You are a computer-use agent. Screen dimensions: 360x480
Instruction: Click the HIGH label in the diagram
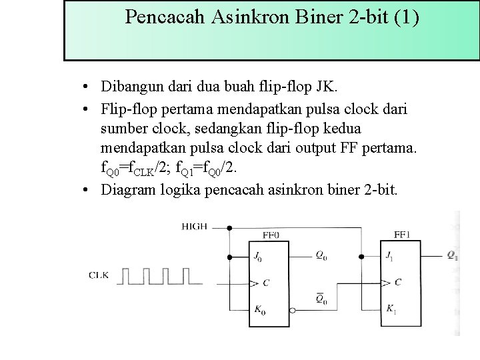(194, 227)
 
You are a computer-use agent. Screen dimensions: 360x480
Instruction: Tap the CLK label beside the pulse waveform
(99, 275)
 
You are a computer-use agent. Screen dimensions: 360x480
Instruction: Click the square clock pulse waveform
(159, 276)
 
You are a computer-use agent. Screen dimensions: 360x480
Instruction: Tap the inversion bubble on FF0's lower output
(292, 310)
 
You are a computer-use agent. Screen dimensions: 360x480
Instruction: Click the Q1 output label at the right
(451, 255)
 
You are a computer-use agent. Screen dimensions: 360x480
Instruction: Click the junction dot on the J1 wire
(361, 256)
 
